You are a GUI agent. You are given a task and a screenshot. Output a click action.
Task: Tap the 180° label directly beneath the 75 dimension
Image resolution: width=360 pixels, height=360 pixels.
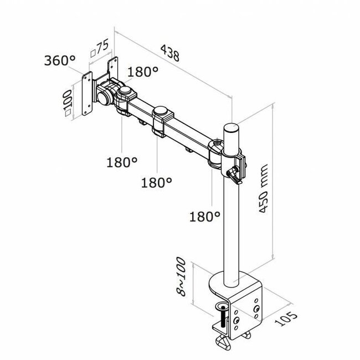point(143,72)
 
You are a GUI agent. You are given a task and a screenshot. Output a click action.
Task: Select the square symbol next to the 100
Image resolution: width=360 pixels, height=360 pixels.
point(67,112)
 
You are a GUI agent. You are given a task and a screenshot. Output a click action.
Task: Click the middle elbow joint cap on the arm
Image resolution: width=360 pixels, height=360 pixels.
point(161,112)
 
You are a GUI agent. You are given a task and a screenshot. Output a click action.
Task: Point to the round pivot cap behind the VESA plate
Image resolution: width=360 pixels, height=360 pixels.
point(125,89)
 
